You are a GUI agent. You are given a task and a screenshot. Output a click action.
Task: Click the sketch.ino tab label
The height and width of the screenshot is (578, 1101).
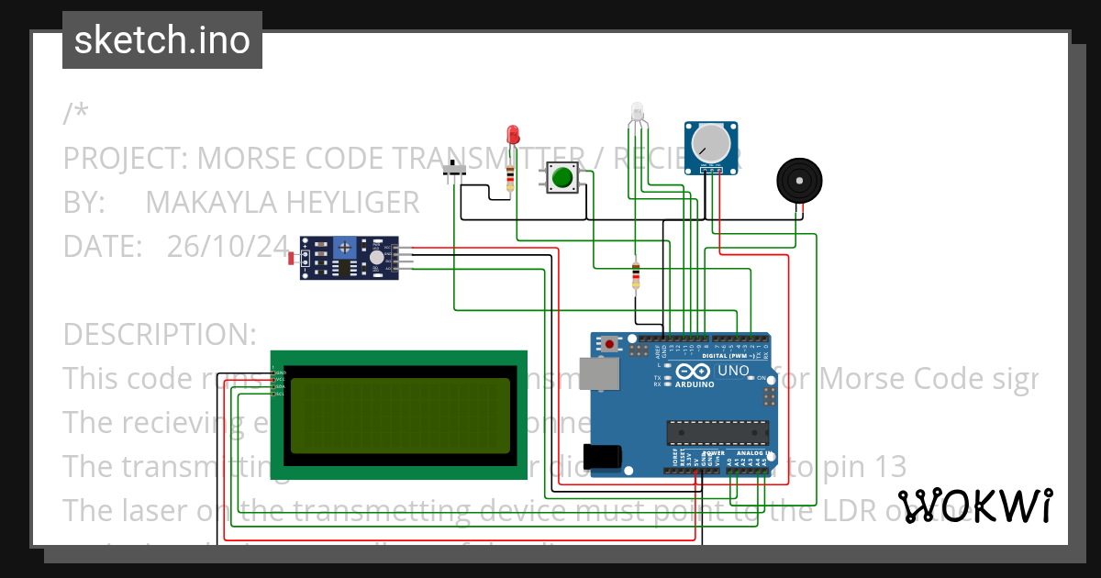click(x=161, y=40)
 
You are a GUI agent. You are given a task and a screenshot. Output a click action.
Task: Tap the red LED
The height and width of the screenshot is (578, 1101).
click(x=513, y=135)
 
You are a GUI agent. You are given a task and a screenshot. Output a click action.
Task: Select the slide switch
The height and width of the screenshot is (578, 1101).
click(x=453, y=172)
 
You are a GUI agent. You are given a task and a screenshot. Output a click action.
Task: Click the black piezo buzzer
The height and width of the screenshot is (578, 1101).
click(x=799, y=181)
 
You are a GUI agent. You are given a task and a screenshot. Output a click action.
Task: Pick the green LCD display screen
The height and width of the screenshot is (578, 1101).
click(x=398, y=416)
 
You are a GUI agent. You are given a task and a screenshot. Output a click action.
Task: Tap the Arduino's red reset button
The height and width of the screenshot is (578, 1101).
click(x=610, y=345)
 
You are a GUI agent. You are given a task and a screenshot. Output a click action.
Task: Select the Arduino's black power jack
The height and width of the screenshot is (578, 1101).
click(x=606, y=456)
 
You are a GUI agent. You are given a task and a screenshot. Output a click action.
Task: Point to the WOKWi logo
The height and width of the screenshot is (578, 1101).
click(x=974, y=506)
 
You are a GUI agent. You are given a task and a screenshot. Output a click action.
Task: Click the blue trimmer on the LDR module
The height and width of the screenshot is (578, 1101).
click(x=344, y=246)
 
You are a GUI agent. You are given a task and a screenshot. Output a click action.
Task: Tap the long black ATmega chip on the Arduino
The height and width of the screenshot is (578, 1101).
click(x=717, y=431)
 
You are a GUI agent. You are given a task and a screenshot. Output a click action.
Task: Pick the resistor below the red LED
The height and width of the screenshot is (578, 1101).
click(x=510, y=176)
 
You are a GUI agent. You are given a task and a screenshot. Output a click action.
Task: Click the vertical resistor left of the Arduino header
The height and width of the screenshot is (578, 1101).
click(x=635, y=274)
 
